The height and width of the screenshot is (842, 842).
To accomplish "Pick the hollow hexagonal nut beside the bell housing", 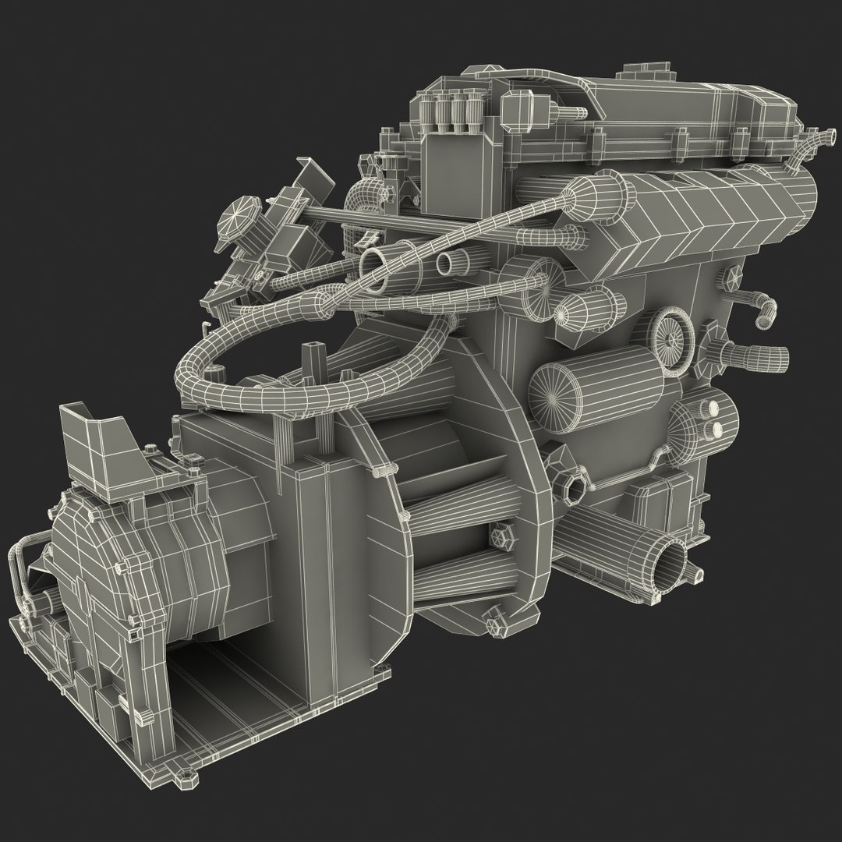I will [x=574, y=488].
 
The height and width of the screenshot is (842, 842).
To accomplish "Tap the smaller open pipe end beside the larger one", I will [x=447, y=263].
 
